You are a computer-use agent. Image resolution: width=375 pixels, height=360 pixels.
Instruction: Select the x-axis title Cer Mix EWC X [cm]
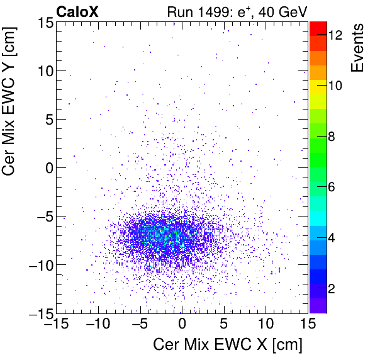click(228, 345)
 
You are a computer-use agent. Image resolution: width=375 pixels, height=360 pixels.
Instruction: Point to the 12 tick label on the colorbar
click(335, 36)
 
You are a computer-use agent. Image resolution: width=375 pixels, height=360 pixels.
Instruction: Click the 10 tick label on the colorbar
click(335, 86)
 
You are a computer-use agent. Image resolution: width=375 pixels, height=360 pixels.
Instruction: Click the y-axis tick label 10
click(42, 70)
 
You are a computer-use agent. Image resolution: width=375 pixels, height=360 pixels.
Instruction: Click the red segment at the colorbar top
click(318, 26)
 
